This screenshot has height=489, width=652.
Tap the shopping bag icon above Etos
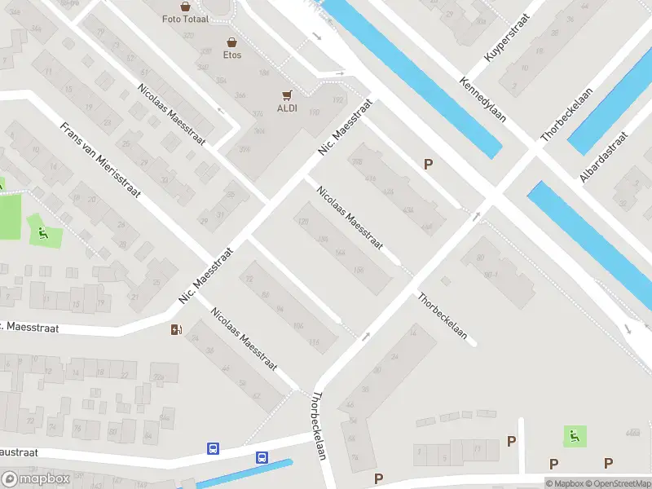coord(232,42)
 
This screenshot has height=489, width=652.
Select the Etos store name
coord(232,55)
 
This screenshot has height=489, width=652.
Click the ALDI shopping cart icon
coord(287,95)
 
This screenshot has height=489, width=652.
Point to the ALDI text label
coord(287,108)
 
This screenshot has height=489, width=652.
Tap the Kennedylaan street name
coord(482,99)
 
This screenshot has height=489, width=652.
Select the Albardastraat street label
coord(604,157)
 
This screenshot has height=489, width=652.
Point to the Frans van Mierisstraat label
coord(101,160)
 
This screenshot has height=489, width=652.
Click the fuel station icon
coord(175,329)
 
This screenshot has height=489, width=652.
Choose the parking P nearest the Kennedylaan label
coord(428,164)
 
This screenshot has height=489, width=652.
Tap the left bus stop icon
coord(213,448)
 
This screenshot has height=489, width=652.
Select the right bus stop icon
coord(262,458)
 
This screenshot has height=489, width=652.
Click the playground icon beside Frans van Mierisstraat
coord(41,233)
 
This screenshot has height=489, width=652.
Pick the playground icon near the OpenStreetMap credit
coord(575,435)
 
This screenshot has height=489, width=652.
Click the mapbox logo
coord(36,479)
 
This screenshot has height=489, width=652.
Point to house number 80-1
coord(491,275)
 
